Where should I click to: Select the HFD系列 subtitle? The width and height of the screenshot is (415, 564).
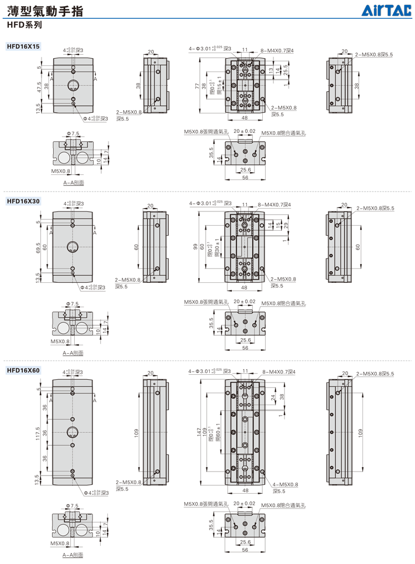tap(24, 25)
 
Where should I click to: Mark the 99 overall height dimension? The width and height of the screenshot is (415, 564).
tap(195, 246)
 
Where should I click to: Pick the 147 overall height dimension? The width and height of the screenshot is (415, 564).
tap(196, 432)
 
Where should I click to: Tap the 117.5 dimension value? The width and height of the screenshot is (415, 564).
tap(38, 431)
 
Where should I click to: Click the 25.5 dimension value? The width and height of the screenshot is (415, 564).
tap(286, 70)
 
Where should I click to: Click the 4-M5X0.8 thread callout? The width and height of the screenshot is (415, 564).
tap(285, 484)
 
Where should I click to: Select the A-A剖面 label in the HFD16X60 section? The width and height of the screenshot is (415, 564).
tap(73, 555)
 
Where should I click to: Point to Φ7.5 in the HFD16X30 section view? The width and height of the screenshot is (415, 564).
tap(74, 304)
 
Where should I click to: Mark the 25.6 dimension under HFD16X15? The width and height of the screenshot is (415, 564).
tap(245, 169)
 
